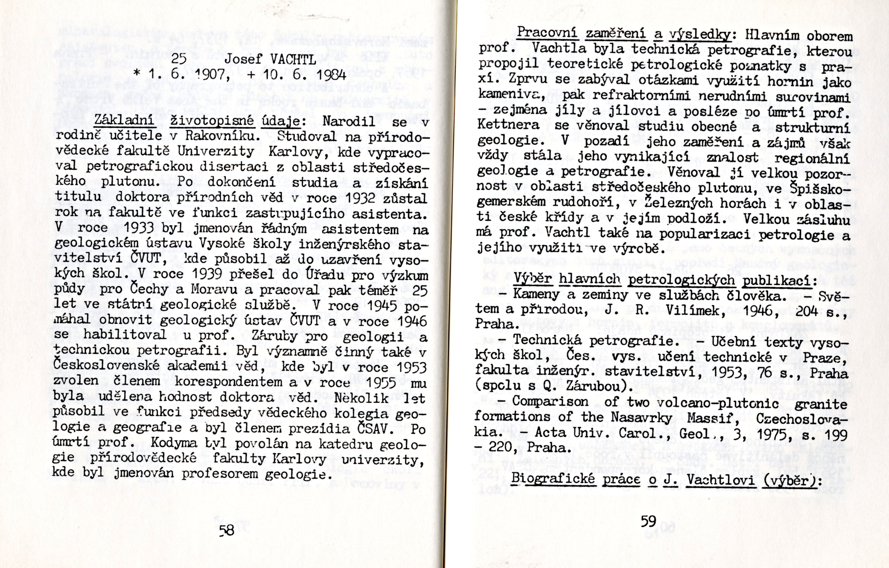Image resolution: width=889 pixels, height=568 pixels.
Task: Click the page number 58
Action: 227,531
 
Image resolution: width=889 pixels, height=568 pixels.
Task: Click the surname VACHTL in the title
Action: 293,59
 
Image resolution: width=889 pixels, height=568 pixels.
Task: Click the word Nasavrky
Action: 642,418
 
